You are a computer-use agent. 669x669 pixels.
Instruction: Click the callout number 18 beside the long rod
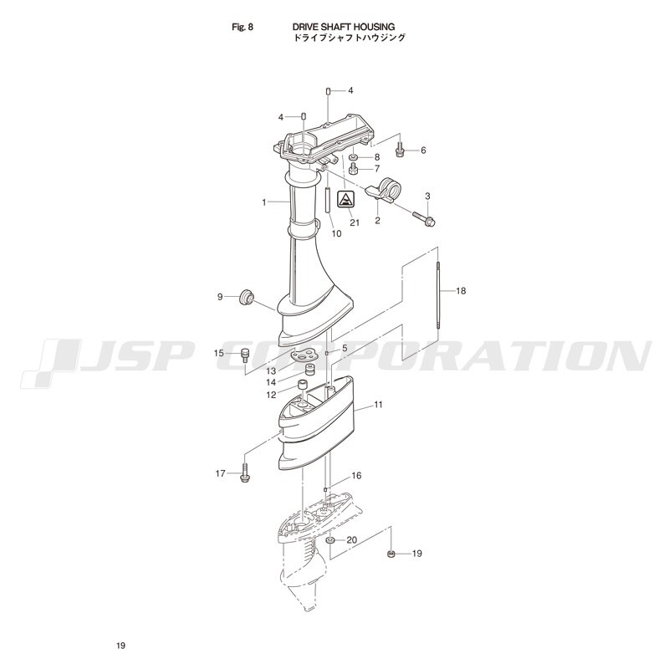[x=461, y=291]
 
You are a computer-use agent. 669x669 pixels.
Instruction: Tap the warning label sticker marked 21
[x=345, y=199]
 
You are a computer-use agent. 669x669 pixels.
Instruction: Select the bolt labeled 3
[x=424, y=217]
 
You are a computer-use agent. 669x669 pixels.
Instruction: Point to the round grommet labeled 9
[x=246, y=297]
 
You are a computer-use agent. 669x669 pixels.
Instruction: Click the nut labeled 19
[x=390, y=554]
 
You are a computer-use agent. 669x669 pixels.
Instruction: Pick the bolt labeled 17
[x=245, y=473]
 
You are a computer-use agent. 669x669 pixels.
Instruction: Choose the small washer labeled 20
[x=329, y=541]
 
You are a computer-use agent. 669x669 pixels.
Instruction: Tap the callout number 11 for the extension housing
[x=379, y=405]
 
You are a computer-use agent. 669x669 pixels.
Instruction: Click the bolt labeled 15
[x=245, y=355]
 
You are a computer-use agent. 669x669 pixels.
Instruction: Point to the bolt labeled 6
[x=400, y=150]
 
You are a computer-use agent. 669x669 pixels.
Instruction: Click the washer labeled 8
[x=354, y=157]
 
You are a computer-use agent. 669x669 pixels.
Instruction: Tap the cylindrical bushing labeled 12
[x=303, y=386]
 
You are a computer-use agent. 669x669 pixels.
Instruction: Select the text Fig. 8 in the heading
[x=243, y=27]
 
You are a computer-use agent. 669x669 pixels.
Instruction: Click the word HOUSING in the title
[x=374, y=27]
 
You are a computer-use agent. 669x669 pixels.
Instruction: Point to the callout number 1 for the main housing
[x=264, y=202]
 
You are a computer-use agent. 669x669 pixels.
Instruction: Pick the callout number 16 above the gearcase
[x=356, y=475]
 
